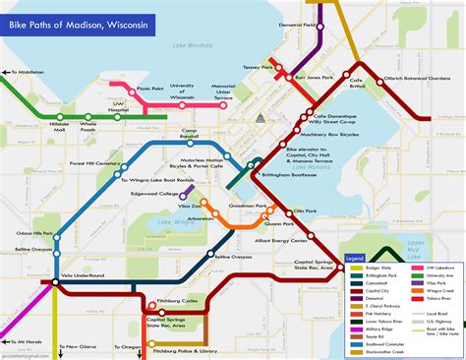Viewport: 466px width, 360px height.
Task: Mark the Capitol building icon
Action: (x=261, y=119)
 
